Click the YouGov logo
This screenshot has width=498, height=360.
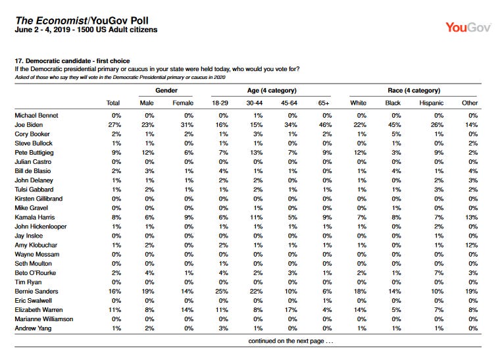pyautogui.click(x=468, y=28)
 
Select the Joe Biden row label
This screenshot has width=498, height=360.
pyautogui.click(x=28, y=125)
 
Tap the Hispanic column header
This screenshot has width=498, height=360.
pyautogui.click(x=432, y=103)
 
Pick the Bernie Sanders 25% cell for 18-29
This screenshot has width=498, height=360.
pyautogui.click(x=221, y=292)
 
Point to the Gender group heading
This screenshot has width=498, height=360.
pyautogui.click(x=166, y=91)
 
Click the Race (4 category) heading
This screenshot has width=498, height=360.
pyautogui.click(x=414, y=91)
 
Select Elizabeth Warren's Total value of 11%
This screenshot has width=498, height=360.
pyautogui.click(x=114, y=310)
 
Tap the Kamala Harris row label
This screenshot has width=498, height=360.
pyautogui.click(x=35, y=217)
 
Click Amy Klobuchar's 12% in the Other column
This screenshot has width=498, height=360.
pyautogui.click(x=471, y=245)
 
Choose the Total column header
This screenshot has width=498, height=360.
pyautogui.click(x=112, y=103)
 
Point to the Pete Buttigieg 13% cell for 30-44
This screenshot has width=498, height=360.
pyautogui.click(x=257, y=153)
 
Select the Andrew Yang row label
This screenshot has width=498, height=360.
pyautogui.click(x=33, y=328)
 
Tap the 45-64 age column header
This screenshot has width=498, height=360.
pyautogui.click(x=289, y=103)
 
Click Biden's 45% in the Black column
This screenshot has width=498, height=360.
pyautogui.click(x=395, y=125)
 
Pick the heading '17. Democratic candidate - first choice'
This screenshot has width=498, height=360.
pyautogui.click(x=72, y=61)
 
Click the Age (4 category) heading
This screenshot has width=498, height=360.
pyautogui.click(x=272, y=91)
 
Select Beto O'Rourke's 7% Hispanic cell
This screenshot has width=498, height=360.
pyautogui.click(x=439, y=273)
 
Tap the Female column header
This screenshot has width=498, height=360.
pyautogui.click(x=183, y=103)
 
